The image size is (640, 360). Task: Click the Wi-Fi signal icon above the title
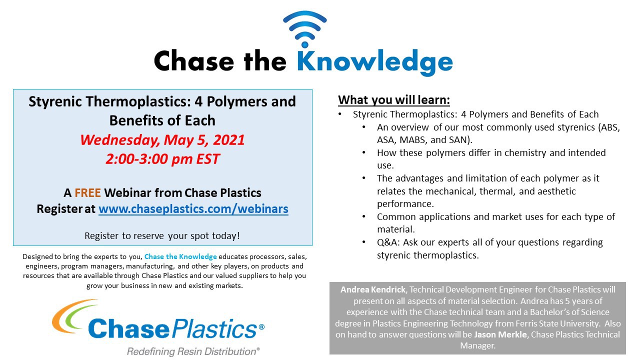pyautogui.click(x=305, y=28)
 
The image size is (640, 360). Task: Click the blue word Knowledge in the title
pyautogui.click(x=375, y=62)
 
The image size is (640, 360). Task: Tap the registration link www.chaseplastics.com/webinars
pyautogui.click(x=193, y=209)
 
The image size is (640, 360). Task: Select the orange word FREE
pyautogui.click(x=87, y=193)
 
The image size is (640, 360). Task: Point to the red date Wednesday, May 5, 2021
pyautogui.click(x=162, y=140)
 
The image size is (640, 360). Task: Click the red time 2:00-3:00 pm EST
pyautogui.click(x=162, y=159)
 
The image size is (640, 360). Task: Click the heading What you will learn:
pyautogui.click(x=394, y=100)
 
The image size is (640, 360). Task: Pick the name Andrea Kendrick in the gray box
pyautogui.click(x=373, y=289)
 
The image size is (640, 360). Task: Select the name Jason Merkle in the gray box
pyautogui.click(x=500, y=334)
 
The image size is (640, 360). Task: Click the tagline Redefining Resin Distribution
pyautogui.click(x=193, y=351)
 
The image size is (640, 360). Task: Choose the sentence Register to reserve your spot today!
pyautogui.click(x=162, y=236)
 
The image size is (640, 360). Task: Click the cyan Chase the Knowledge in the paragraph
pyautogui.click(x=180, y=256)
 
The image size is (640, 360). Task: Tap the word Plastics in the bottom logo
pyautogui.click(x=215, y=328)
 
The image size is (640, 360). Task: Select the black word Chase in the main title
pyautogui.click(x=194, y=61)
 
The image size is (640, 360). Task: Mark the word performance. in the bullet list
pyautogui.click(x=405, y=204)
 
